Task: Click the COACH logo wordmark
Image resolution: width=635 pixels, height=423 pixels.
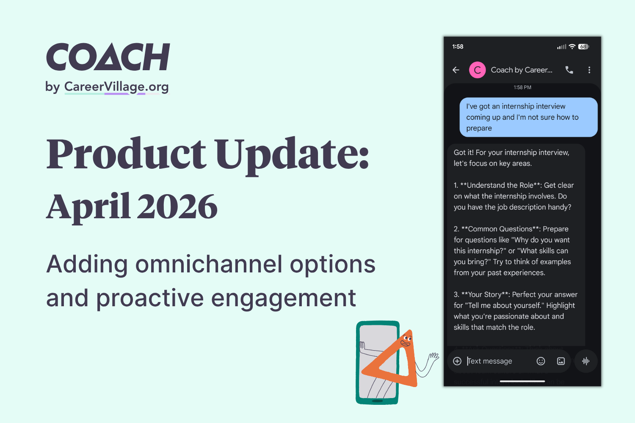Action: click(108, 57)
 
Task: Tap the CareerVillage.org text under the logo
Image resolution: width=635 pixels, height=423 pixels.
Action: click(116, 87)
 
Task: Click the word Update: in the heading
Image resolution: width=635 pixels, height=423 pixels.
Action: click(292, 154)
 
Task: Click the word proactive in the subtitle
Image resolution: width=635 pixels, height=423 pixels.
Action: click(150, 298)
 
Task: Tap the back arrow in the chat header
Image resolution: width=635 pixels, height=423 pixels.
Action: click(456, 70)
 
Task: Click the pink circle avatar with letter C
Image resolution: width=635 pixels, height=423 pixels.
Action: click(477, 70)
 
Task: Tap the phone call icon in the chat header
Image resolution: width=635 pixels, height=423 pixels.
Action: click(569, 70)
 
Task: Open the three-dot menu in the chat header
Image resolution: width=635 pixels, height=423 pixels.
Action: click(589, 70)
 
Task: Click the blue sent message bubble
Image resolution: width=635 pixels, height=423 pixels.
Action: click(528, 117)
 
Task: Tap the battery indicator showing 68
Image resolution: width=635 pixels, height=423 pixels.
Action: click(583, 47)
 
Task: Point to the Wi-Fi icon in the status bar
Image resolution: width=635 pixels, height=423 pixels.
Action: click(572, 47)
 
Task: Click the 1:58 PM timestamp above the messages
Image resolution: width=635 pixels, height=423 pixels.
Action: click(522, 88)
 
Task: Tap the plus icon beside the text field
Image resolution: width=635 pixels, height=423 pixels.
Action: click(457, 361)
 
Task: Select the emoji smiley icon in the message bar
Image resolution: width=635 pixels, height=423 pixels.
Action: click(541, 361)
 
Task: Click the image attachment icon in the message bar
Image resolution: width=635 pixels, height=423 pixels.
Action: click(561, 361)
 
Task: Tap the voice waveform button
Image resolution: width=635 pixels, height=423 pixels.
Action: click(586, 361)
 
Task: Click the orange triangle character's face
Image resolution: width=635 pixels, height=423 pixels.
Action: click(406, 340)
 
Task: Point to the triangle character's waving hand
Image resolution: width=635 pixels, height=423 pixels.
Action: click(433, 357)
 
